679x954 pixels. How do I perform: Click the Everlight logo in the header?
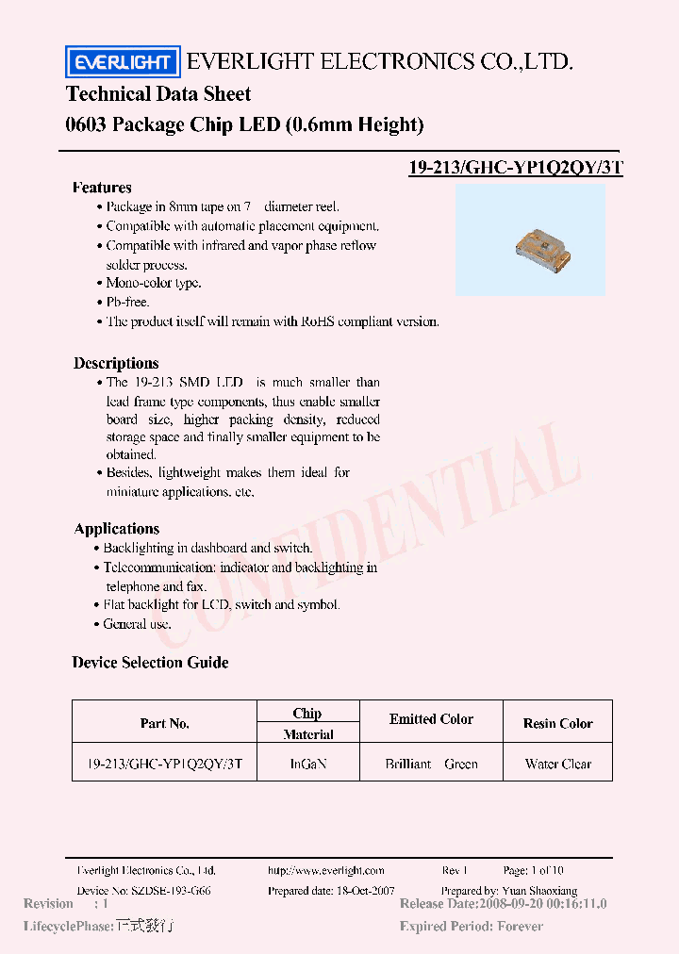[122, 62]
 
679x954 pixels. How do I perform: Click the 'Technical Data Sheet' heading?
[158, 93]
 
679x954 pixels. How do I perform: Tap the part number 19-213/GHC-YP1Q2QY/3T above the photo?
[516, 168]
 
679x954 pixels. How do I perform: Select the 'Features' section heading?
[102, 187]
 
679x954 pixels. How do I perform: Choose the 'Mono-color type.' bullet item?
[153, 283]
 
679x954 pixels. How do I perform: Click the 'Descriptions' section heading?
[116, 363]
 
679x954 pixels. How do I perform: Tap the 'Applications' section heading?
[116, 529]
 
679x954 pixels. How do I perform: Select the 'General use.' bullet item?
[137, 624]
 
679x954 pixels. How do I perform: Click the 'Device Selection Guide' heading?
[150, 663]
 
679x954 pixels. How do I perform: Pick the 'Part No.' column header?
[165, 723]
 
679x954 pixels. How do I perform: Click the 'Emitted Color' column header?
[431, 719]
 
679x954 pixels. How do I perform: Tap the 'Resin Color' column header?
[557, 723]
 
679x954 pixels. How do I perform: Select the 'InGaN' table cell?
[308, 764]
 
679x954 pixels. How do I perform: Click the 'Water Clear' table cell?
[557, 764]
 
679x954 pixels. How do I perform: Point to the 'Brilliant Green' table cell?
[431, 764]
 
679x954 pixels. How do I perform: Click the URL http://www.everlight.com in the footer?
[326, 871]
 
